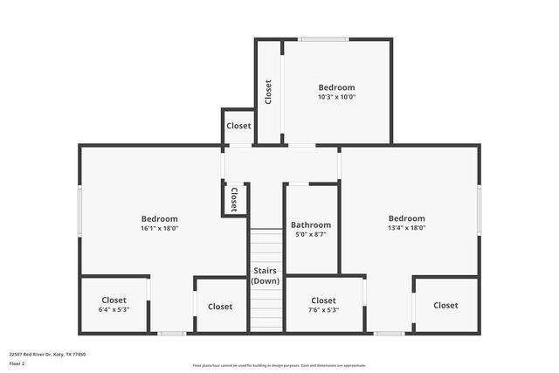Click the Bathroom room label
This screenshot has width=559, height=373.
[311, 224]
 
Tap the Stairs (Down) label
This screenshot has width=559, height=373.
[266, 276]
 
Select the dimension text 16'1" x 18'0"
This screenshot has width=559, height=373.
[160, 228]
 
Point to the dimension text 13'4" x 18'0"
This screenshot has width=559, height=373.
[407, 228]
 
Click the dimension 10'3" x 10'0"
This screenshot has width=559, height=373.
[336, 97]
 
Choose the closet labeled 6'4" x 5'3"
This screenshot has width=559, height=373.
[114, 309]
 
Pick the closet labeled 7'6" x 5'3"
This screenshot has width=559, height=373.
[323, 309]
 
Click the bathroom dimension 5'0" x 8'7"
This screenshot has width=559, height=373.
[311, 234]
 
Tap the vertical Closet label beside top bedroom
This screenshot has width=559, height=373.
[268, 92]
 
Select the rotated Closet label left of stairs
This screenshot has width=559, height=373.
[234, 198]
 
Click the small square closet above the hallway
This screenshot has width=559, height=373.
[238, 126]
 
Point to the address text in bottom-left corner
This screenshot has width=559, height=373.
[47, 354]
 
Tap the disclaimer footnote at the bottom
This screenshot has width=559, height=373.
[279, 366]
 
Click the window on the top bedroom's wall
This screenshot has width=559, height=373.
[324, 39]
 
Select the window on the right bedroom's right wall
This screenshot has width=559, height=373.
[479, 210]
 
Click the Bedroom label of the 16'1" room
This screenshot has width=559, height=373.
[160, 218]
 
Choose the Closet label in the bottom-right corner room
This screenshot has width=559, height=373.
[445, 305]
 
